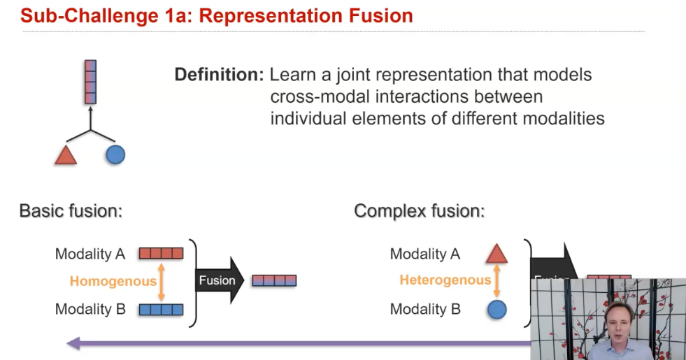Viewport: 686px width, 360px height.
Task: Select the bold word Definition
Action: (x=218, y=74)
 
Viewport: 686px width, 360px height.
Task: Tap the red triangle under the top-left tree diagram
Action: (x=66, y=155)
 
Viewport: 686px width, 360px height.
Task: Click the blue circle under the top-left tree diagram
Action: (x=115, y=154)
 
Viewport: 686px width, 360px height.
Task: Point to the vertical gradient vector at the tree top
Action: (x=90, y=80)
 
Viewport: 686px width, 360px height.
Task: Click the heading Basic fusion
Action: (x=71, y=210)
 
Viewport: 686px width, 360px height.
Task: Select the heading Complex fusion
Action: (x=419, y=210)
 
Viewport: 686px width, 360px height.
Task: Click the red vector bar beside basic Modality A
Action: (x=161, y=253)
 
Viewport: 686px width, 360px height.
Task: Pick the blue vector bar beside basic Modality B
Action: (x=161, y=309)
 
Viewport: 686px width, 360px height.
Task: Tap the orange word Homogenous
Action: (x=113, y=281)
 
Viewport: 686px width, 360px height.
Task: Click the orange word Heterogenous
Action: (x=445, y=280)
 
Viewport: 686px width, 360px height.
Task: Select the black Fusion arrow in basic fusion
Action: (x=219, y=280)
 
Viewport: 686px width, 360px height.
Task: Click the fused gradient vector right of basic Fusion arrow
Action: (x=274, y=281)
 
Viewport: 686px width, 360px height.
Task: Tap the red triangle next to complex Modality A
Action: (x=496, y=254)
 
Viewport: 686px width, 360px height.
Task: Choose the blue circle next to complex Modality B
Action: (x=496, y=309)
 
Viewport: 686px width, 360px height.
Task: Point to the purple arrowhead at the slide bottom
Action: (x=73, y=343)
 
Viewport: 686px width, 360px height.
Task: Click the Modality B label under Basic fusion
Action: (x=90, y=309)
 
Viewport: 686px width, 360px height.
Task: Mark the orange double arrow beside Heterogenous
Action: (x=496, y=281)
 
